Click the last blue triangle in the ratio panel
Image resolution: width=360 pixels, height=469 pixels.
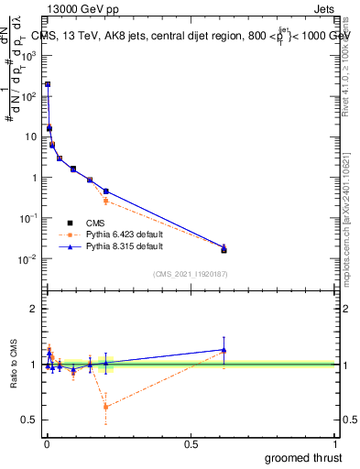[x=224, y=350]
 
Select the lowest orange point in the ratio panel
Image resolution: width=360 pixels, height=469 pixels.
[x=106, y=407]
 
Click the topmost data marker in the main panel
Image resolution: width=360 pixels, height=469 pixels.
[x=48, y=84]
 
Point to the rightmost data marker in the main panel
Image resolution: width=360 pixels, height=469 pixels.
[x=224, y=249]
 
